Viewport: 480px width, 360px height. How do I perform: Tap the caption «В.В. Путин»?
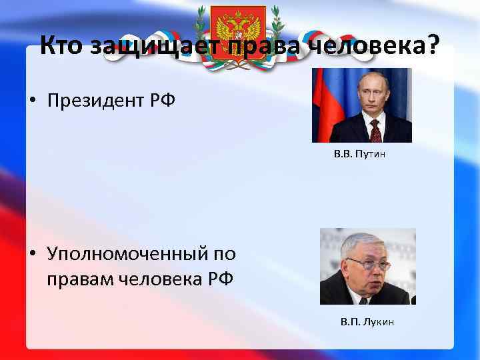click(360, 154)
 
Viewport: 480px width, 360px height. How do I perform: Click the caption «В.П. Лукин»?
click(367, 322)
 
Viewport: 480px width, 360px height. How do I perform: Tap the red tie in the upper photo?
click(375, 131)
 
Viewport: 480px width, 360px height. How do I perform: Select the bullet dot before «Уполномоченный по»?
click(31, 255)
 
